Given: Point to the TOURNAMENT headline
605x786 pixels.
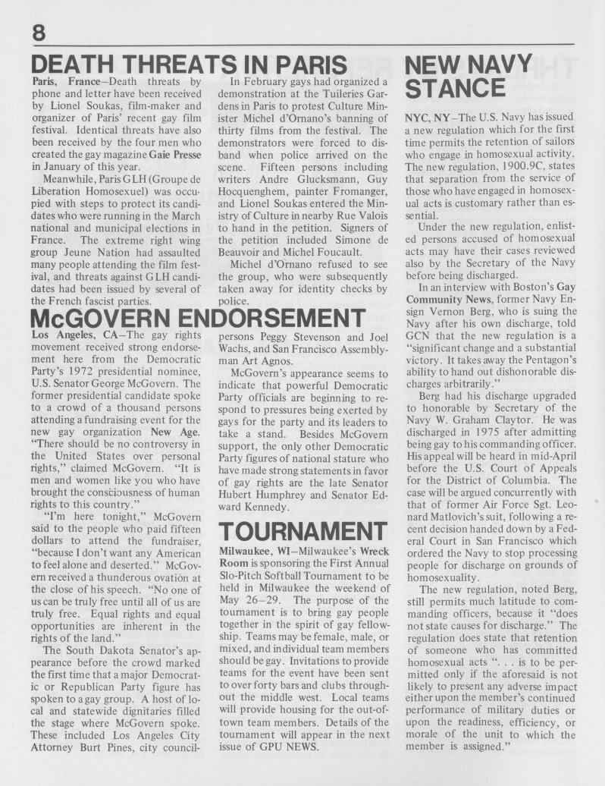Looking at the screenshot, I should tap(299, 533).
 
